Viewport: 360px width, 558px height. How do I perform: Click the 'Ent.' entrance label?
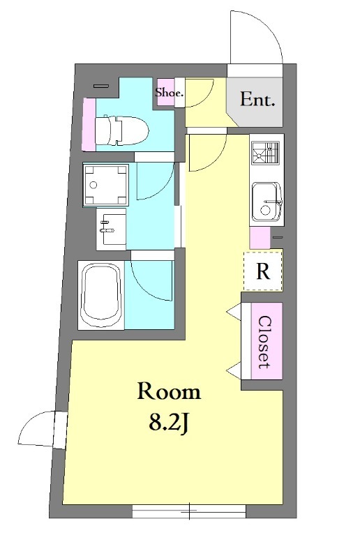pyautogui.click(x=257, y=99)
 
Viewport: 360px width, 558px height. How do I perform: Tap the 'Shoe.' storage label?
pyautogui.click(x=169, y=93)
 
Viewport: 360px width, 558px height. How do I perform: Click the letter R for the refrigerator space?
pyautogui.click(x=263, y=271)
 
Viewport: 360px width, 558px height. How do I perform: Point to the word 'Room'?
pyautogui.click(x=169, y=391)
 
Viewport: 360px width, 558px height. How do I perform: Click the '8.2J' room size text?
pyautogui.click(x=168, y=423)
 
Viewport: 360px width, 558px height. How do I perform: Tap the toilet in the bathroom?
pyautogui.click(x=121, y=130)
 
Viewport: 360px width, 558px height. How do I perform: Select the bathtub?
pyautogui.click(x=100, y=296)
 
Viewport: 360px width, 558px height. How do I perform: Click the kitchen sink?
pyautogui.click(x=267, y=202)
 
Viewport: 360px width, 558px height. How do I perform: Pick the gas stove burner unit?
pyautogui.click(x=265, y=153)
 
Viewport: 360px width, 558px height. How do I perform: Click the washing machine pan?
pyautogui.click(x=105, y=185)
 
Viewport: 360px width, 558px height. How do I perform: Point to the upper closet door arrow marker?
pyautogui.click(x=234, y=312)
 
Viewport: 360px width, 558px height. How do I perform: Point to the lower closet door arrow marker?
pyautogui.click(x=234, y=371)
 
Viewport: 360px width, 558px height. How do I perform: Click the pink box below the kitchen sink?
pyautogui.click(x=260, y=238)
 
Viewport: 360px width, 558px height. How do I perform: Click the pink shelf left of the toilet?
pyautogui.click(x=89, y=124)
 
